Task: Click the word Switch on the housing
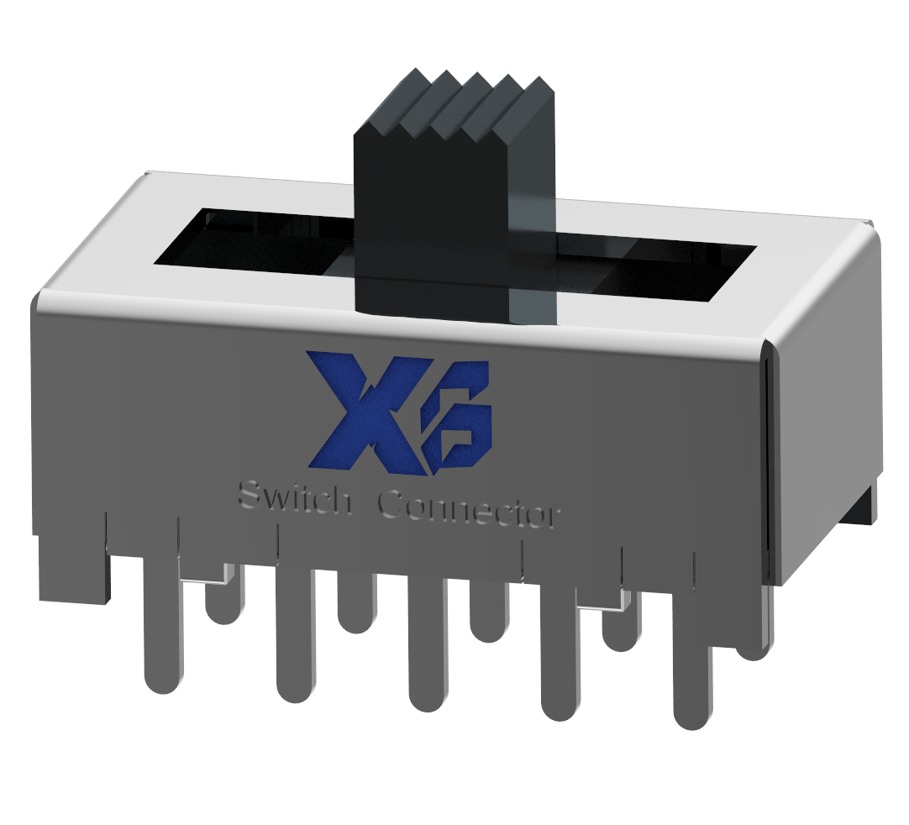pos(294,497)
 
